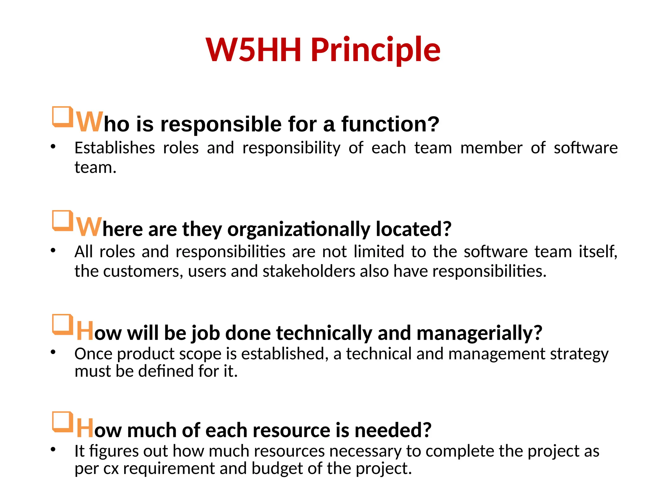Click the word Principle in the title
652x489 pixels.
pos(376,50)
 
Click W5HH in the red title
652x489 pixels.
pos(253,50)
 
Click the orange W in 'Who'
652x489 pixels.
pos(90,122)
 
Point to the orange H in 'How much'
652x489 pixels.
pos(85,429)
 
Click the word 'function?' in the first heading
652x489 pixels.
pos(390,124)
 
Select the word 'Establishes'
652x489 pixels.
pos(115,148)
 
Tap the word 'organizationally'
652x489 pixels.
pos(299,229)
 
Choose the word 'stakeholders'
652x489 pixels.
pos(309,271)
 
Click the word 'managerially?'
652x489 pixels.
pos(479,333)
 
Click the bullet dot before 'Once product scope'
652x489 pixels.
pos(53,352)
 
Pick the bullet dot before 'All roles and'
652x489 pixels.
pos(53,250)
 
